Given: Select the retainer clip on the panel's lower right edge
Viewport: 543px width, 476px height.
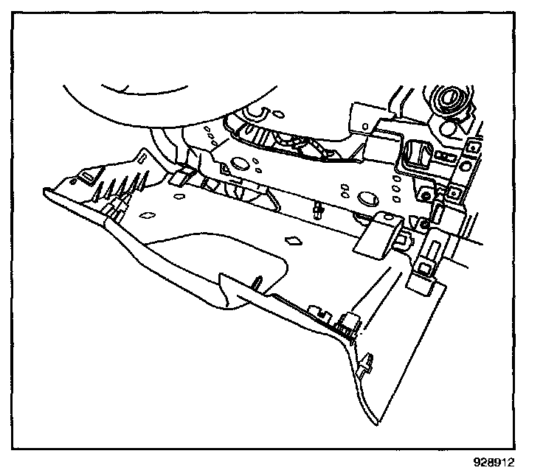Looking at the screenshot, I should point(367,363).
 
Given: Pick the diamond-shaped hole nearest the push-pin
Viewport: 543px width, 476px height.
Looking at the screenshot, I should point(293,240).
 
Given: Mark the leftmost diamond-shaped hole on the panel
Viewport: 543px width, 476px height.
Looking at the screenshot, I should point(145,216).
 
